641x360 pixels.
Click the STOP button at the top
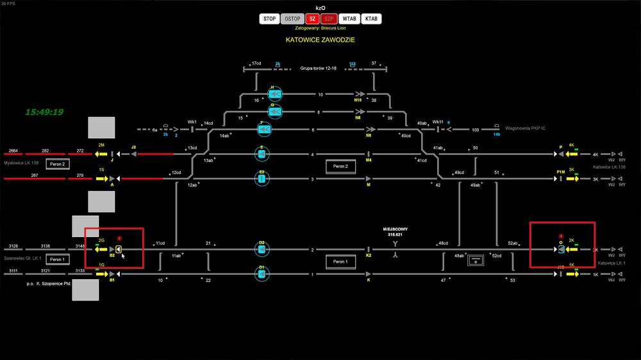pyautogui.click(x=270, y=19)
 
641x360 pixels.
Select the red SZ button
pyautogui.click(x=313, y=19)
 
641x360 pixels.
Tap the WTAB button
pyautogui.click(x=349, y=19)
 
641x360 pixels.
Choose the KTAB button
pyautogui.click(x=371, y=19)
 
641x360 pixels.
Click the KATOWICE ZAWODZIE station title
pyautogui.click(x=320, y=40)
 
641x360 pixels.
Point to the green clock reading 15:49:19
pyautogui.click(x=44, y=112)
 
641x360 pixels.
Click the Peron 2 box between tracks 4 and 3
pyautogui.click(x=340, y=166)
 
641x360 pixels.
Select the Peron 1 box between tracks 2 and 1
pyautogui.click(x=340, y=261)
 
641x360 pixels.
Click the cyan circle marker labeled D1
pyautogui.click(x=262, y=274)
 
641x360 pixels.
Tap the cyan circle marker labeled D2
pyautogui.click(x=262, y=249)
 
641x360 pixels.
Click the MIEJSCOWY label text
pyautogui.click(x=395, y=229)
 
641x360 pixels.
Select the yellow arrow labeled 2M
pyautogui.click(x=101, y=154)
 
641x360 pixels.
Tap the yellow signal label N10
pyautogui.click(x=358, y=101)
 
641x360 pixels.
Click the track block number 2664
pyautogui.click(x=13, y=151)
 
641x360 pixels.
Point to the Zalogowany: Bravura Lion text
pyautogui.click(x=320, y=29)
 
